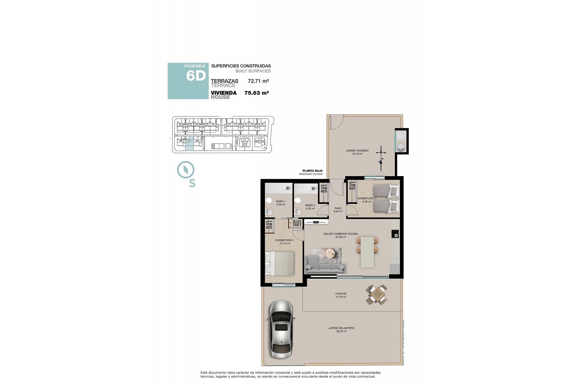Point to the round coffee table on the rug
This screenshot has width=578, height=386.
330,253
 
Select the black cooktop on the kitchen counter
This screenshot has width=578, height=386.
395,234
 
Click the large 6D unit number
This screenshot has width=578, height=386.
196,76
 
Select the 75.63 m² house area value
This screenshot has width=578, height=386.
256,93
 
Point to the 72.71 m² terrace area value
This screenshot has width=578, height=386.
258,81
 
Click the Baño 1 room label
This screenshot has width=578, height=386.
280,203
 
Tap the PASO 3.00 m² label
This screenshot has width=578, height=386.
338,210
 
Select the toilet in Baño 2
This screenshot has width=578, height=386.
298,200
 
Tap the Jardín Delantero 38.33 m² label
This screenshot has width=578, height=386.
341,329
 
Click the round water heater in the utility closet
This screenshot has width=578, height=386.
401,147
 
